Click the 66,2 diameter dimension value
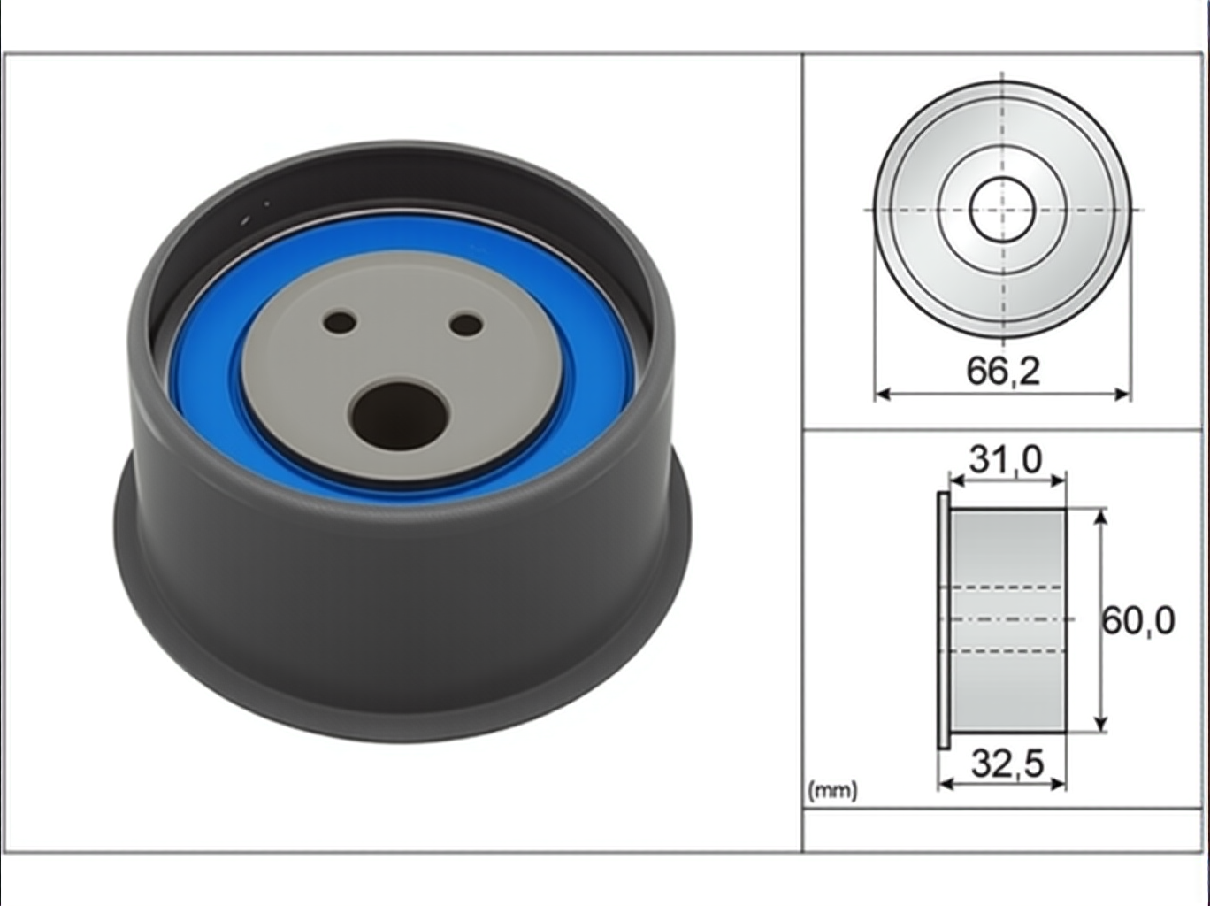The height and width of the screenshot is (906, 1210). click(1003, 371)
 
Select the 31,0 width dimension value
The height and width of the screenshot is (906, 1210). click(1006, 459)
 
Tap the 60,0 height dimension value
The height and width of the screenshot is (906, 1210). click(1137, 620)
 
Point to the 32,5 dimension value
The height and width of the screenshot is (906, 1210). click(1007, 764)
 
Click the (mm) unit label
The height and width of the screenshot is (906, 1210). click(833, 791)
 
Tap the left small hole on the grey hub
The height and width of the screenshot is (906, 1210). click(341, 321)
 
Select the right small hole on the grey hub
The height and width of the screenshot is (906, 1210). click(466, 326)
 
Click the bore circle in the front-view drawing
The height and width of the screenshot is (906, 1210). click(1001, 210)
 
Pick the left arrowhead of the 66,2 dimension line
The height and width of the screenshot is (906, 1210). click(883, 394)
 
